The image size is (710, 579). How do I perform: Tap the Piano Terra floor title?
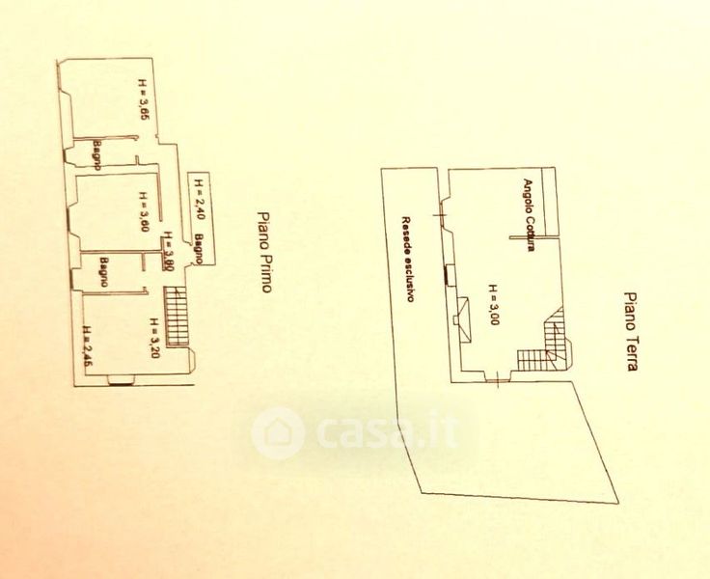(x=630, y=332)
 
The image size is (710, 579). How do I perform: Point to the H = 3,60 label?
(x=143, y=212)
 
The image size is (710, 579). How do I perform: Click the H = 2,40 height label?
(x=197, y=199)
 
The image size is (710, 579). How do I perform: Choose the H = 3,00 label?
(x=492, y=305)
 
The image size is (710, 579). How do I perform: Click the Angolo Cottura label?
(x=529, y=214)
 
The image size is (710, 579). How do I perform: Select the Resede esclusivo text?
(x=409, y=259)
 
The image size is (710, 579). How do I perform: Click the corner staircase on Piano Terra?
(x=547, y=348)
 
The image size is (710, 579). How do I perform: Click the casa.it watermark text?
(x=386, y=431)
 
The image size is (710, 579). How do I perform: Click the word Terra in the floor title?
(x=630, y=354)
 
